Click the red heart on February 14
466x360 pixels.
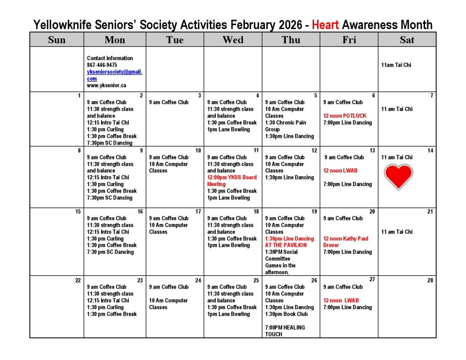[x=399, y=177]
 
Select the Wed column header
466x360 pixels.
[x=233, y=40]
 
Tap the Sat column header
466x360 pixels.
[x=407, y=40]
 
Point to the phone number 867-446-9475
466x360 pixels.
[x=102, y=65]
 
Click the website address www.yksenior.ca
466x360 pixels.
[x=106, y=85]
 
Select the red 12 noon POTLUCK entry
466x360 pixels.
[x=344, y=116]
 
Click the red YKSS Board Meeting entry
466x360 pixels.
[x=232, y=181]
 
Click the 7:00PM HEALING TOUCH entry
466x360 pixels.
[x=285, y=330]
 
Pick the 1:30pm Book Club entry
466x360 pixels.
[x=286, y=314]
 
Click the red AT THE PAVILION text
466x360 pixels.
[x=286, y=245]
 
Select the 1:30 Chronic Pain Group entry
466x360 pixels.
[x=285, y=126]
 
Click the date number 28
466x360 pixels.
[x=430, y=280]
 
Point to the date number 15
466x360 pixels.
[x=78, y=211]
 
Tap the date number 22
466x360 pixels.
[x=78, y=280]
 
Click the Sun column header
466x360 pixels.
[x=56, y=40]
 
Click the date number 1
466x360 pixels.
[x=79, y=96]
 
